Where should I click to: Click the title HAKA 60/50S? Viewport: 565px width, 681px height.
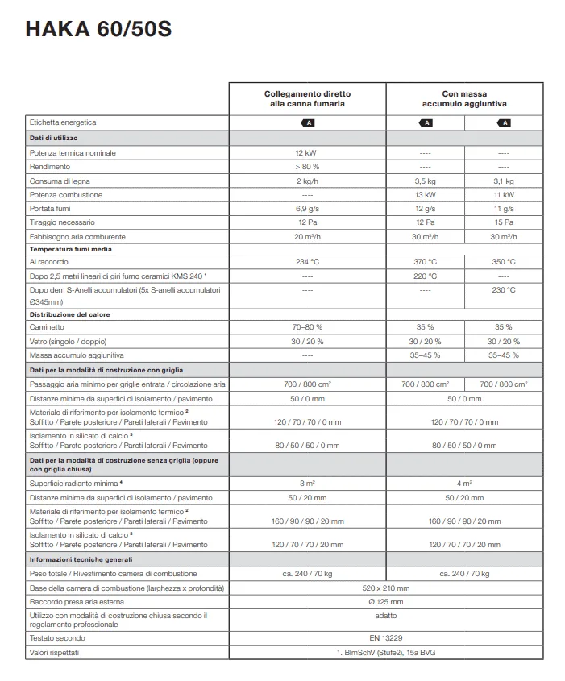pyautogui.click(x=98, y=30)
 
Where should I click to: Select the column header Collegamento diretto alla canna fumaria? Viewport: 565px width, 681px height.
pyautogui.click(x=307, y=99)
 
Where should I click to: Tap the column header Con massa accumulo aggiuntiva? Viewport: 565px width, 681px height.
pyautogui.click(x=464, y=99)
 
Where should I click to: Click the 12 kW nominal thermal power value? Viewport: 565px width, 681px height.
pyautogui.click(x=307, y=152)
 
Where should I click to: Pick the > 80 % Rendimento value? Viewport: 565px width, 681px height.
pyautogui.click(x=307, y=167)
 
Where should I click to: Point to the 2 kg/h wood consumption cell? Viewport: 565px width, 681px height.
pyautogui.click(x=307, y=181)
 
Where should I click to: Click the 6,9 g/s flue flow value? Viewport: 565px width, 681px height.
pyautogui.click(x=307, y=209)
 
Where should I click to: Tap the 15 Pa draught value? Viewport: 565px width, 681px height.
pyautogui.click(x=504, y=222)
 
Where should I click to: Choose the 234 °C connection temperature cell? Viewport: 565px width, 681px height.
pyautogui.click(x=307, y=262)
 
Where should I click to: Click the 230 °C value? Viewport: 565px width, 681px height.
pyautogui.click(x=504, y=289)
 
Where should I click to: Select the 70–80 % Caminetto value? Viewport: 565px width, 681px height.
pyautogui.click(x=307, y=327)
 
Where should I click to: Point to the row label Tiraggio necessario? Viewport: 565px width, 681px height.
pyautogui.click(x=62, y=222)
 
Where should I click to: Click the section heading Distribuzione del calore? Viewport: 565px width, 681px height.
pyautogui.click(x=69, y=314)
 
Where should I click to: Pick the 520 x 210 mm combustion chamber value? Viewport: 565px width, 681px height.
pyautogui.click(x=386, y=588)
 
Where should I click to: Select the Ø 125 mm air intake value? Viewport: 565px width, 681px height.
pyautogui.click(x=386, y=601)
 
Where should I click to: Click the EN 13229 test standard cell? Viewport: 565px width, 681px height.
pyautogui.click(x=386, y=637)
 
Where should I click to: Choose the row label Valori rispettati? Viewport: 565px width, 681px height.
pyautogui.click(x=55, y=652)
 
